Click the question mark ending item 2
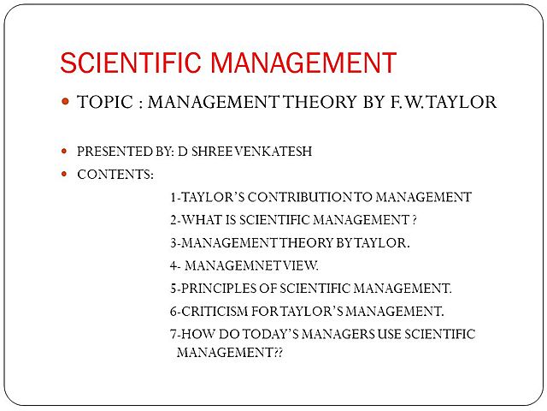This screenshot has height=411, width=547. click(x=414, y=219)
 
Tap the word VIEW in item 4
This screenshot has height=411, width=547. click(x=303, y=265)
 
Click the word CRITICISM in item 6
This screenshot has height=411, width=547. click(x=217, y=311)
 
